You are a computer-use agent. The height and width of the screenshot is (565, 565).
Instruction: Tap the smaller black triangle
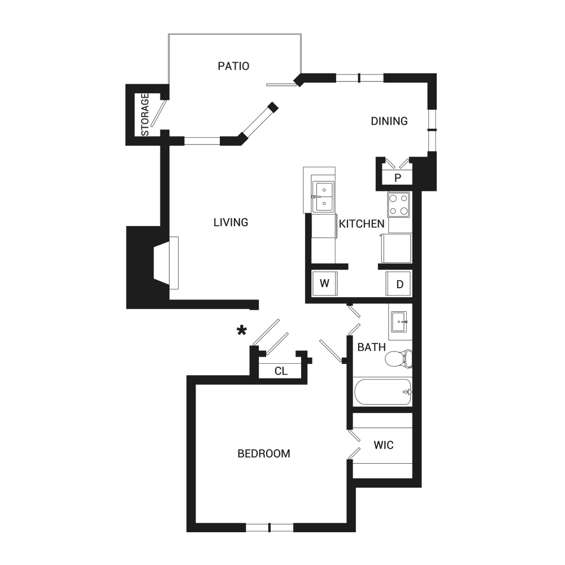[260, 257]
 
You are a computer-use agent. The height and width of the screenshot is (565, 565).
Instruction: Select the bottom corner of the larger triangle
[260, 190]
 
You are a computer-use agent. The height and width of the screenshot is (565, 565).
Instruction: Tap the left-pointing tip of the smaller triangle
[258, 257]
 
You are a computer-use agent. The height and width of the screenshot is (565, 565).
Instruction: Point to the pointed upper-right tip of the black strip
[167, 352]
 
